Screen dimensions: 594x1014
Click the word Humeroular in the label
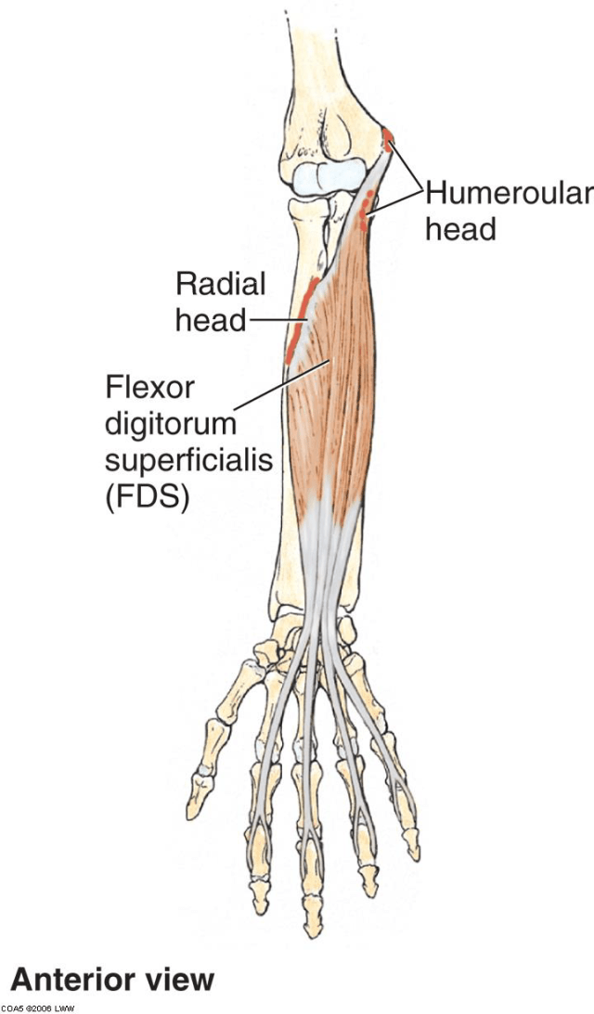click(x=508, y=193)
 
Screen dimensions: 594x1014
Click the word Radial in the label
click(x=220, y=283)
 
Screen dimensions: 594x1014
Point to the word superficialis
click(x=188, y=460)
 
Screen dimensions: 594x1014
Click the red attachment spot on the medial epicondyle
click(x=388, y=138)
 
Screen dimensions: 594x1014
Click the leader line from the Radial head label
click(x=269, y=320)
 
